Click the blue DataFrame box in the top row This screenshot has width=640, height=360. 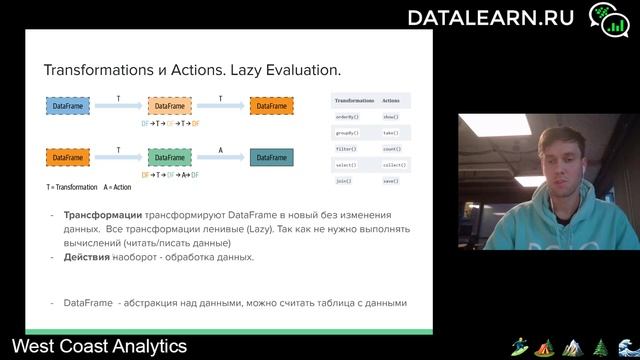point(68,106)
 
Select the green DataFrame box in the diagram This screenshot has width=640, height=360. point(169,157)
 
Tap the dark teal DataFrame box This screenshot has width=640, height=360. point(272,157)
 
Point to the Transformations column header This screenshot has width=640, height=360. point(354,101)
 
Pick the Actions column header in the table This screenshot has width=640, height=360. point(390,101)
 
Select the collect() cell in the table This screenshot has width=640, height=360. point(390,165)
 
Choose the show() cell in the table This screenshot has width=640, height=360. point(390,117)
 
